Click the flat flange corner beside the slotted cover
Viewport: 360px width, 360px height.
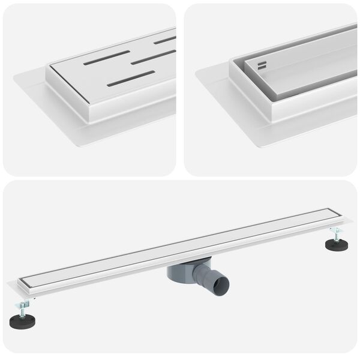[x=18, y=75]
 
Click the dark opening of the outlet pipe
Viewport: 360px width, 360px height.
[x=221, y=280]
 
